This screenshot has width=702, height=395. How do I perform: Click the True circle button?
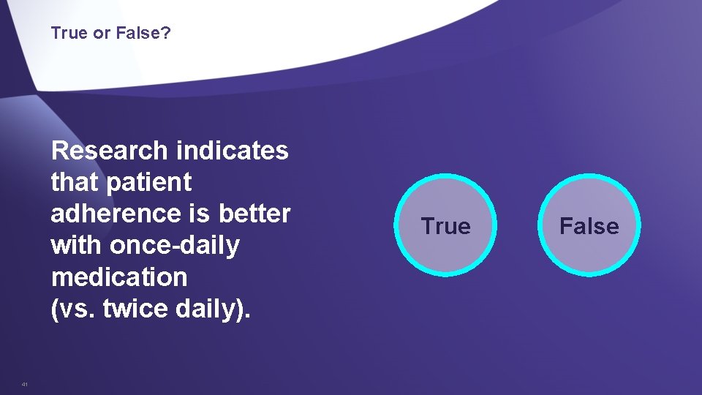coord(446,225)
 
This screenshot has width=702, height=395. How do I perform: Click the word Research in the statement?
coord(110,151)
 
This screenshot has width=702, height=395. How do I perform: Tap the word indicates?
coord(232,151)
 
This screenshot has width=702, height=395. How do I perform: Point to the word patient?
coord(148,182)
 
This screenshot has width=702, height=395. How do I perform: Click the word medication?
coord(119,277)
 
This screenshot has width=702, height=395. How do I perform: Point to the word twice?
coord(133,309)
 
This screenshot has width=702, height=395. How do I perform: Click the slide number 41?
coord(25,384)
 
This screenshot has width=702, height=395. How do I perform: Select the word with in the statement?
coord(78,245)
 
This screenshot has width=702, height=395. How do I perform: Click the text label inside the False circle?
coord(589,226)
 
